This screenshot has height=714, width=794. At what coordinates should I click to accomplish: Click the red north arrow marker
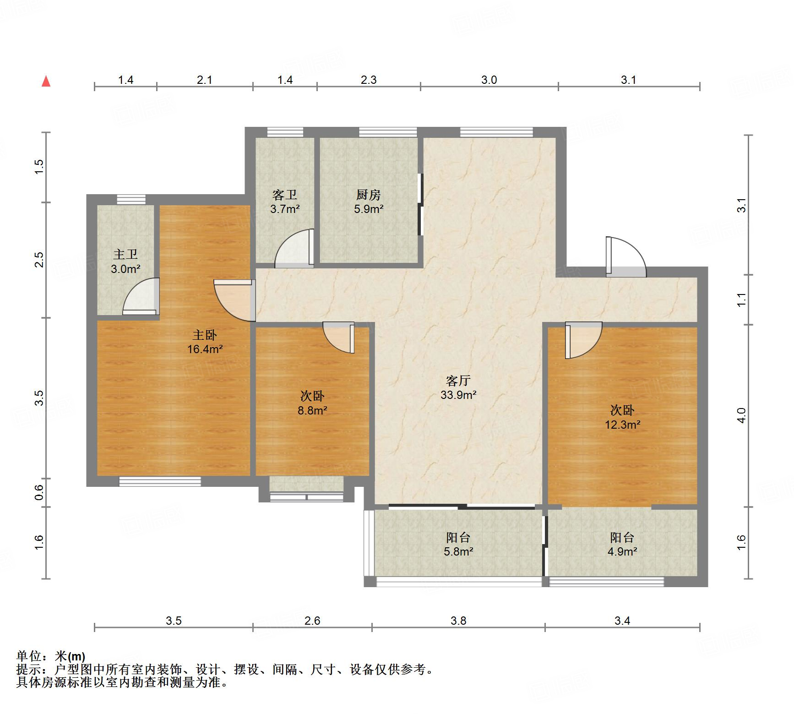pyautogui.click(x=46, y=82)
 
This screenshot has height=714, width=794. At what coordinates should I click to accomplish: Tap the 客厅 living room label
pyautogui.click(x=458, y=380)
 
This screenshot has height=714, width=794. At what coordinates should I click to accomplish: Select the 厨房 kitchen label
pyautogui.click(x=368, y=195)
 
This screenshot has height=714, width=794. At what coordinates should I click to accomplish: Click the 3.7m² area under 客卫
pyautogui.click(x=285, y=209)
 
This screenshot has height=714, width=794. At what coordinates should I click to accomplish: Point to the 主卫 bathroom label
pyautogui.click(x=125, y=254)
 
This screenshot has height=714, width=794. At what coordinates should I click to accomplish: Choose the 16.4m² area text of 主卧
pyautogui.click(x=205, y=349)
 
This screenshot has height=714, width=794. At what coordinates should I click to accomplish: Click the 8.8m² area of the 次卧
pyautogui.click(x=312, y=410)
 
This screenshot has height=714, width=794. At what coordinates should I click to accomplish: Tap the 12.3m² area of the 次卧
pyautogui.click(x=622, y=425)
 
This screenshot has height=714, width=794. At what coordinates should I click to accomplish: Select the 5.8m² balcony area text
pyautogui.click(x=458, y=551)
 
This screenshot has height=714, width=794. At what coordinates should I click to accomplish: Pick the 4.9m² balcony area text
pyautogui.click(x=622, y=551)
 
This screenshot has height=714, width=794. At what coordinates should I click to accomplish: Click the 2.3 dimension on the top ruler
pyautogui.click(x=368, y=80)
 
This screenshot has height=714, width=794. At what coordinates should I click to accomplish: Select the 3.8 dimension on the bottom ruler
pyautogui.click(x=458, y=621)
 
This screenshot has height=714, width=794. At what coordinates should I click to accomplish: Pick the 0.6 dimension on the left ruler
pyautogui.click(x=39, y=492)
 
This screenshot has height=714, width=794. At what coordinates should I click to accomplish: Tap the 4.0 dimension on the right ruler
pyautogui.click(x=742, y=415)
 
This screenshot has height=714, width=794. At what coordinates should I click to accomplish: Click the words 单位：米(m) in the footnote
pyautogui.click(x=51, y=656)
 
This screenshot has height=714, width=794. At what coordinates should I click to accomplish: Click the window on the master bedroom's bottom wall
pyautogui.click(x=160, y=481)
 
